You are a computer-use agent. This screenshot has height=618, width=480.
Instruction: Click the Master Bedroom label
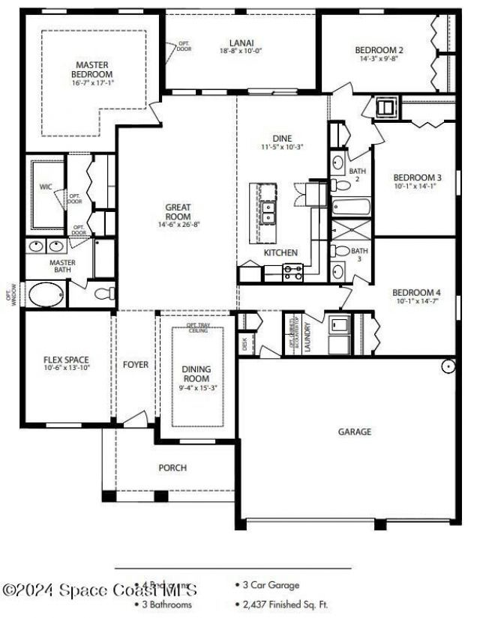coord(92,70)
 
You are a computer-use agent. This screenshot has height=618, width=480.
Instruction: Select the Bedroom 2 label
coord(379,50)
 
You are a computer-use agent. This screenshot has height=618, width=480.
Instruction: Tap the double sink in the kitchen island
coord(268,213)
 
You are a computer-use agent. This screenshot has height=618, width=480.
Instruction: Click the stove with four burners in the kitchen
coord(292,273)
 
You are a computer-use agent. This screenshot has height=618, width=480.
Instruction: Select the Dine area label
coord(283,139)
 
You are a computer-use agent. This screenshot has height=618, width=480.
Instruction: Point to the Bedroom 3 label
coord(417,178)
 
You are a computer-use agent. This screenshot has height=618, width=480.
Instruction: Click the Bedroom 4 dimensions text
coord(417,301)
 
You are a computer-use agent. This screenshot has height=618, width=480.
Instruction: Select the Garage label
coord(355,431)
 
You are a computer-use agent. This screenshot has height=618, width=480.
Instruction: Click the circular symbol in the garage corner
coord(448,366)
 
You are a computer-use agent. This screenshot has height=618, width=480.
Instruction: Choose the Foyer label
coord(136,365)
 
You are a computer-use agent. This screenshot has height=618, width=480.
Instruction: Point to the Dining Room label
coord(196,373)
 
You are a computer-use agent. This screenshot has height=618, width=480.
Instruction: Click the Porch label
coord(172,468)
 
